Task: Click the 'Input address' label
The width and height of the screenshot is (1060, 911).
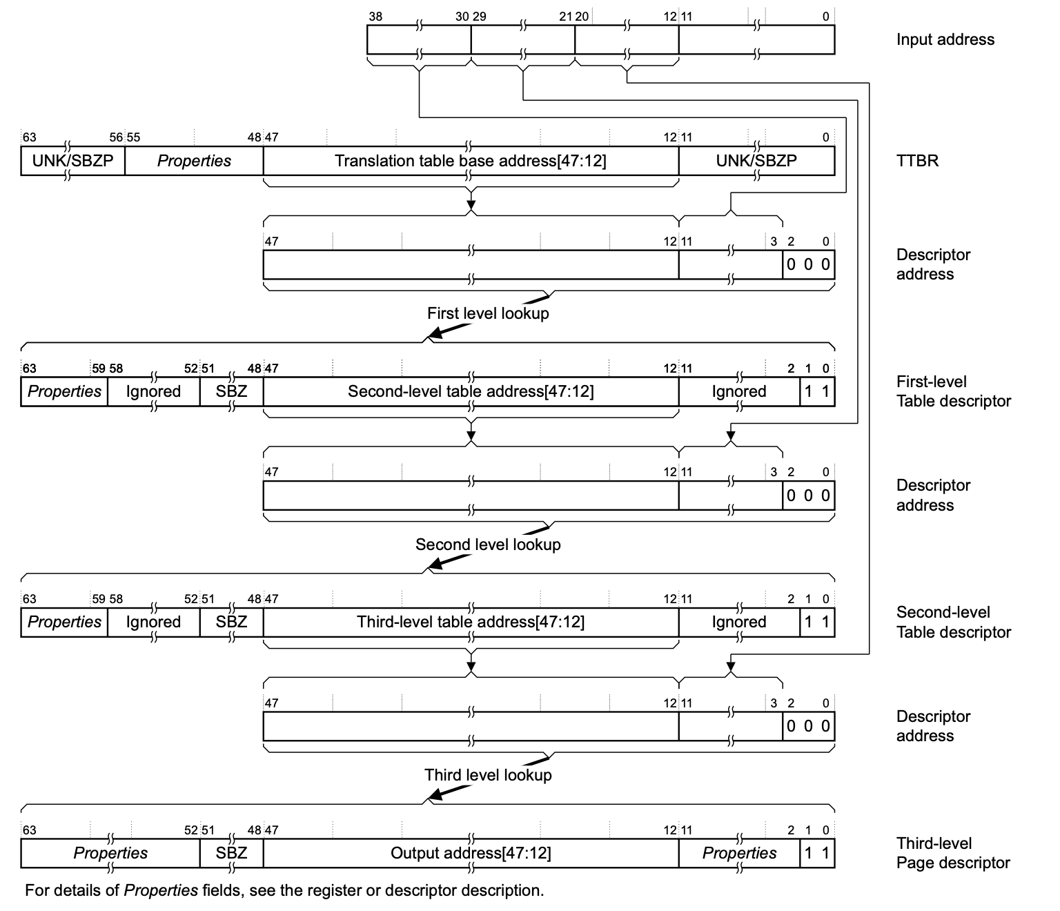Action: [945, 39]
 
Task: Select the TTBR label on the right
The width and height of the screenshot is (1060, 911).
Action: [917, 161]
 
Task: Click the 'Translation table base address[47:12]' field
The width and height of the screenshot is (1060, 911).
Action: [470, 161]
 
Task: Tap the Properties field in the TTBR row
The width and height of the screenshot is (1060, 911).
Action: [194, 161]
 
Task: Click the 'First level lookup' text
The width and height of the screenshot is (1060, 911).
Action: [488, 313]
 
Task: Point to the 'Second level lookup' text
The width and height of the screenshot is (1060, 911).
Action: [488, 545]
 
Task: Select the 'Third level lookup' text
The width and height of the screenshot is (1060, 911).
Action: [488, 775]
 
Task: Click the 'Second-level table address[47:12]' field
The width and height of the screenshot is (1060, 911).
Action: [470, 391]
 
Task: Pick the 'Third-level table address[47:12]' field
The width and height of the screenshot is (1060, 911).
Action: [470, 622]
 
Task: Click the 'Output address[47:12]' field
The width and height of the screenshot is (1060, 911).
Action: [470, 853]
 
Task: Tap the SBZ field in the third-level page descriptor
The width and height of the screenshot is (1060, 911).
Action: [231, 853]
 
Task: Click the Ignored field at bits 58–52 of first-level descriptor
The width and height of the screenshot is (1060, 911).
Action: [153, 391]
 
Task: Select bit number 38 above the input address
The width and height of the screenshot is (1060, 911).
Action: [375, 17]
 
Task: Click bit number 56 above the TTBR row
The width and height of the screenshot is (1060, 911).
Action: [116, 137]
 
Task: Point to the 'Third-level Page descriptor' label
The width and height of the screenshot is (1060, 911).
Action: [952, 853]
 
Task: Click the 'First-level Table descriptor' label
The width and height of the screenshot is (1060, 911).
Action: [952, 391]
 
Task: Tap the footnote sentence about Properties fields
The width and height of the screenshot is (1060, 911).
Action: [284, 890]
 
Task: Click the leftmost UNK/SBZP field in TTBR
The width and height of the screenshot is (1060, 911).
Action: [72, 161]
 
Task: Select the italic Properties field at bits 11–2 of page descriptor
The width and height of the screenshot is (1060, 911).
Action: [739, 853]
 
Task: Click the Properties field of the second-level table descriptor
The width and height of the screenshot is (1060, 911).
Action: [64, 622]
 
